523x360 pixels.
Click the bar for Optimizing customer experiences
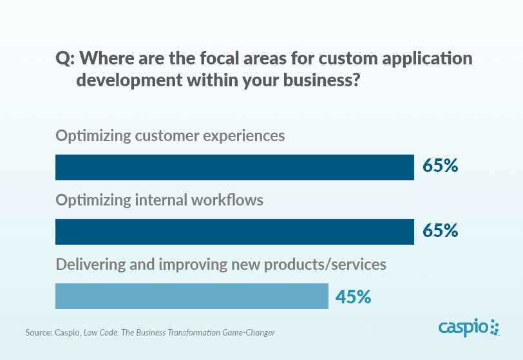[x=234, y=167]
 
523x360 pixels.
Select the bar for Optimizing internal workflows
[x=234, y=232]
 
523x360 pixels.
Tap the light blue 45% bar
[x=192, y=296]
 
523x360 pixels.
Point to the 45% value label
[x=353, y=296]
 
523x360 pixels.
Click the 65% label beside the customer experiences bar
[x=440, y=166]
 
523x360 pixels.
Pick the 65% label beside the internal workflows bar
[x=440, y=231]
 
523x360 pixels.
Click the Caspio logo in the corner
[x=468, y=328]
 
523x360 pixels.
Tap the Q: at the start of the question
[x=66, y=59]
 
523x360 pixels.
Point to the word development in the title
[x=129, y=81]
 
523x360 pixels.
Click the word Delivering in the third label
[x=89, y=264]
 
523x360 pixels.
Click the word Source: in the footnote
[x=38, y=333]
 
